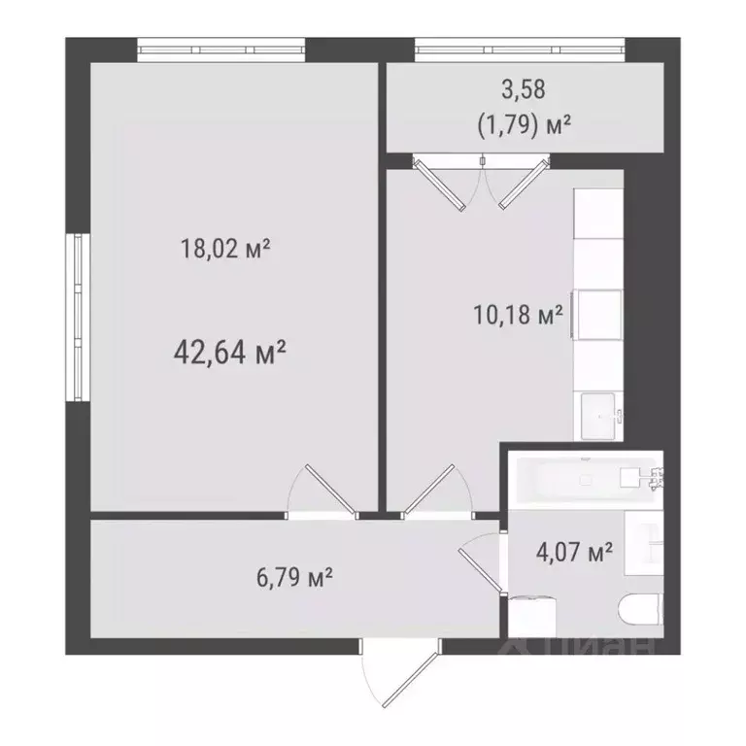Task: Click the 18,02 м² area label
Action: (x=224, y=250)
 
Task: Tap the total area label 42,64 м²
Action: (x=229, y=351)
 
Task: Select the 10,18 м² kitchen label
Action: (x=518, y=316)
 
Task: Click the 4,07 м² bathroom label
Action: (x=574, y=554)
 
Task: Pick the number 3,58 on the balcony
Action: (x=523, y=89)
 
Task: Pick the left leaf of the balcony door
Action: (x=441, y=185)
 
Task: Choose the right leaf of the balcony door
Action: (x=517, y=184)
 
